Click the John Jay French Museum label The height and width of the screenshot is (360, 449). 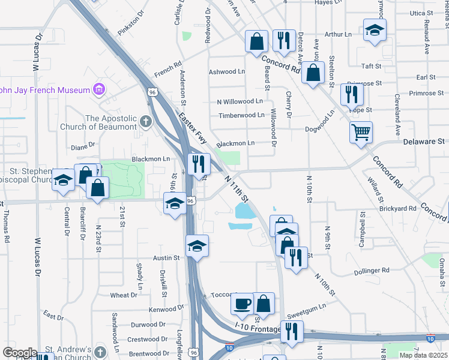43,91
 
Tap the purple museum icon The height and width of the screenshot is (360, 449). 98,91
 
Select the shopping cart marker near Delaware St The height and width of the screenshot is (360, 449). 361,132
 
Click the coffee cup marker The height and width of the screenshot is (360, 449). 243,304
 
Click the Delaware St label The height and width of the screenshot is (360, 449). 423,142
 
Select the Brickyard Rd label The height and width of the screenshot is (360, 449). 397,208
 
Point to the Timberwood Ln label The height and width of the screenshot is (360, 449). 241,115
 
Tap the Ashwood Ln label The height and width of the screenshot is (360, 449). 227,72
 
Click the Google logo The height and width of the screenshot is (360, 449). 20,352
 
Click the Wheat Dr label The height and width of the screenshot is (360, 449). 124,295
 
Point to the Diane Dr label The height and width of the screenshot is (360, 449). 83,145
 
